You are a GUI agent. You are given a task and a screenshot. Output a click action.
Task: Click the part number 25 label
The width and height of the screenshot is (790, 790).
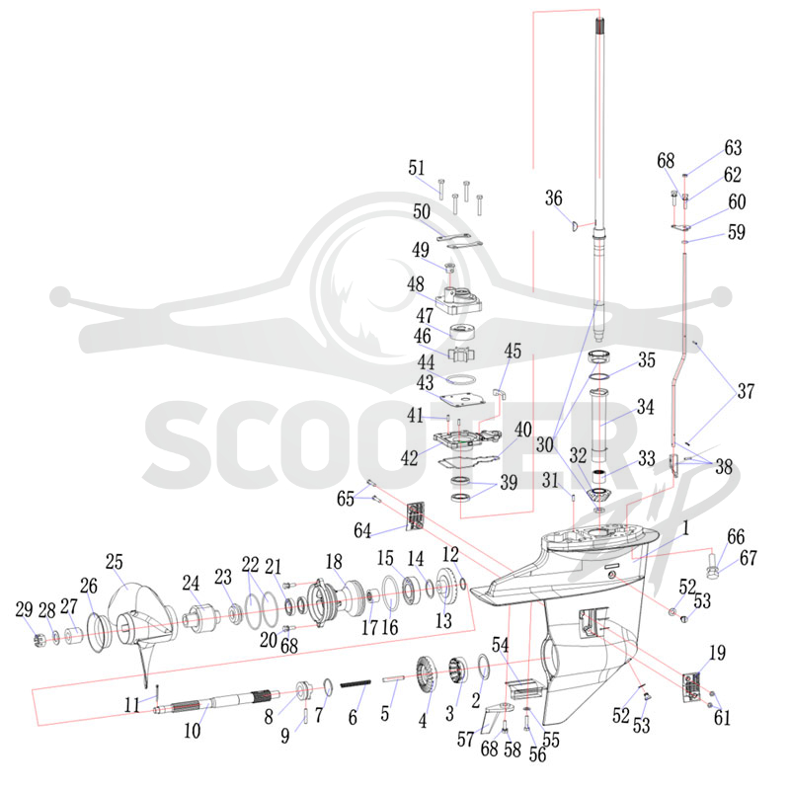(x=115, y=562)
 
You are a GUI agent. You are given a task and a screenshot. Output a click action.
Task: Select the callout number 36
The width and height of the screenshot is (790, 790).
(x=553, y=198)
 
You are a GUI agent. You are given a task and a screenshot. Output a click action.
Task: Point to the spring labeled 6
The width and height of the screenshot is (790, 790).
(x=355, y=683)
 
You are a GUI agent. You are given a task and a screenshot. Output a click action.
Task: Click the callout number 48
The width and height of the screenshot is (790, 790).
(x=416, y=284)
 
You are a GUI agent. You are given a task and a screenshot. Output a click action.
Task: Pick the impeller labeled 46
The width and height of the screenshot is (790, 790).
(x=461, y=354)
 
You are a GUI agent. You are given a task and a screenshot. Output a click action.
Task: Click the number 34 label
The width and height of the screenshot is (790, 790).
(x=646, y=407)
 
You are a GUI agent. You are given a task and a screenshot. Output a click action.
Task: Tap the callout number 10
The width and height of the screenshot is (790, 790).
(x=192, y=730)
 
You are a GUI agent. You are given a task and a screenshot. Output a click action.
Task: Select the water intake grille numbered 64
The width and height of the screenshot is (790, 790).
(x=416, y=516)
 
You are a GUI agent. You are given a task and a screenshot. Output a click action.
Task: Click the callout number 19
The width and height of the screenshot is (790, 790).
(x=717, y=653)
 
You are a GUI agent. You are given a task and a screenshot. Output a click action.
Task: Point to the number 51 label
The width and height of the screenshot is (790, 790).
(x=417, y=168)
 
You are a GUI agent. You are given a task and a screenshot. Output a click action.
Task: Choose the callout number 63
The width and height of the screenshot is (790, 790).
(x=733, y=147)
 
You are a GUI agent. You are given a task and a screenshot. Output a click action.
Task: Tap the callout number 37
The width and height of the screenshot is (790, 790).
(x=746, y=391)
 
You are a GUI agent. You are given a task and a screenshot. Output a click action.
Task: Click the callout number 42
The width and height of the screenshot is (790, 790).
(x=409, y=458)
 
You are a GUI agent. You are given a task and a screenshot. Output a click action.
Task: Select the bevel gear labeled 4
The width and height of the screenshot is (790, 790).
(x=427, y=675)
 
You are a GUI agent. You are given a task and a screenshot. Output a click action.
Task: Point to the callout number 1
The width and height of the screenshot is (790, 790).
(x=685, y=528)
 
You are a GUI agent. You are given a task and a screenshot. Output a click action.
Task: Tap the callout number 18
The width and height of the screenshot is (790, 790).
(x=334, y=562)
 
